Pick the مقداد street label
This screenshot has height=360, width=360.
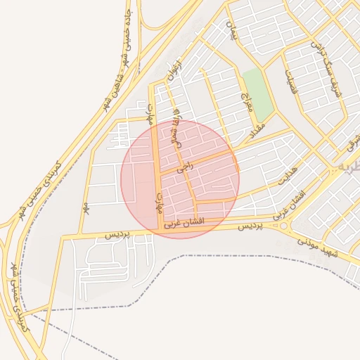pos(254,126)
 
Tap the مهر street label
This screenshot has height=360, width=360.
pos(85,207)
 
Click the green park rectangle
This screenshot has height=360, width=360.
pos(258,94)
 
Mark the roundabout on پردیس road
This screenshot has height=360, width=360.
pos(284,226)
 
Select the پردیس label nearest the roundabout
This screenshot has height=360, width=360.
pos(249,226)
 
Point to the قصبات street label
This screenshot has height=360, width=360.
pos(291,82)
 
